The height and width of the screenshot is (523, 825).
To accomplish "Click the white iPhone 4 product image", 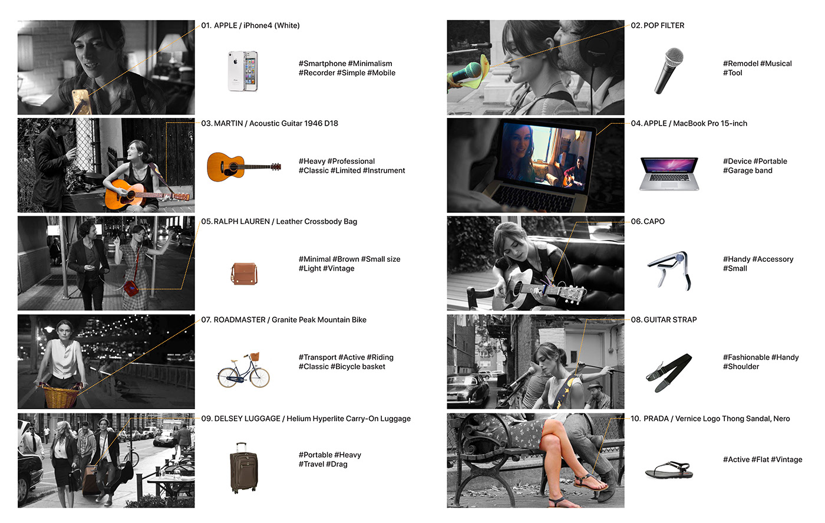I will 243,71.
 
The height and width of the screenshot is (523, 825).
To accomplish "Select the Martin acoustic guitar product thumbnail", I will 243,167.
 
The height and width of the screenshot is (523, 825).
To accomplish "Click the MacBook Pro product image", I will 669,173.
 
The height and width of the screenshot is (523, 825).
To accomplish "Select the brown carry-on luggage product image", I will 243,468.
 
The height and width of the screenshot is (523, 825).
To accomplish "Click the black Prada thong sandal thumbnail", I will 669,471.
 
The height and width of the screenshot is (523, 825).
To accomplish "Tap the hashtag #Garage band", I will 747,171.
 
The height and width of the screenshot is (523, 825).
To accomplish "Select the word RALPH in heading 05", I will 225,222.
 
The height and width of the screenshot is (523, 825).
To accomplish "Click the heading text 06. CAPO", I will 648,222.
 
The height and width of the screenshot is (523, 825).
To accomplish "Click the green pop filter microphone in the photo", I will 466,73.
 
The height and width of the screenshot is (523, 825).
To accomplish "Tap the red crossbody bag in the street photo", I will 131,288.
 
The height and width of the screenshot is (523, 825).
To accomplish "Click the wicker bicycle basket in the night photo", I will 59,396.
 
